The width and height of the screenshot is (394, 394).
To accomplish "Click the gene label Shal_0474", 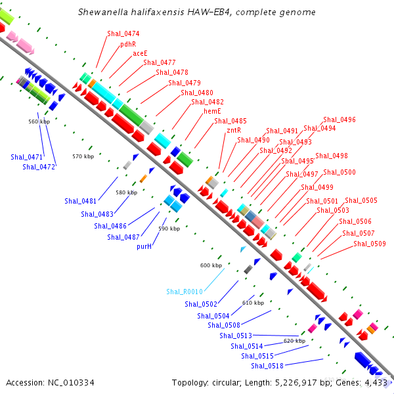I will click(x=123, y=33).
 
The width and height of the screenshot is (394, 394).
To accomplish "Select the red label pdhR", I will click(x=127, y=44).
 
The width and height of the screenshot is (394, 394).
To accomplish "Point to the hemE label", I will click(x=211, y=112).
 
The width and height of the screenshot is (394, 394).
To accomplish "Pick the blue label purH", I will click(x=144, y=246).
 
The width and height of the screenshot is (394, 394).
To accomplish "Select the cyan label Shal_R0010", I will click(x=184, y=292).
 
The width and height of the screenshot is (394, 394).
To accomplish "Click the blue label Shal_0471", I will click(x=26, y=157).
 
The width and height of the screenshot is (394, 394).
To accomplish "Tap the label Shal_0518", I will click(x=267, y=366).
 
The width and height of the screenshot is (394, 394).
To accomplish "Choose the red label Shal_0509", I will click(x=370, y=244).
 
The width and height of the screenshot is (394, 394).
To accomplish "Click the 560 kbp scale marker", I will click(x=39, y=121).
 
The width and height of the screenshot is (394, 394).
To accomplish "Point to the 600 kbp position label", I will click(x=211, y=265).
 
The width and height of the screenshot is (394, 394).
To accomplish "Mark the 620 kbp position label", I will click(x=294, y=341).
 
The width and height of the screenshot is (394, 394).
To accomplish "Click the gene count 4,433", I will click(x=377, y=382).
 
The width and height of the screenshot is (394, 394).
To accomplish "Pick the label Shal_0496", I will click(x=339, y=120).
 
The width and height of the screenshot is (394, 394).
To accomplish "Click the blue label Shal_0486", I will click(x=110, y=226).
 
